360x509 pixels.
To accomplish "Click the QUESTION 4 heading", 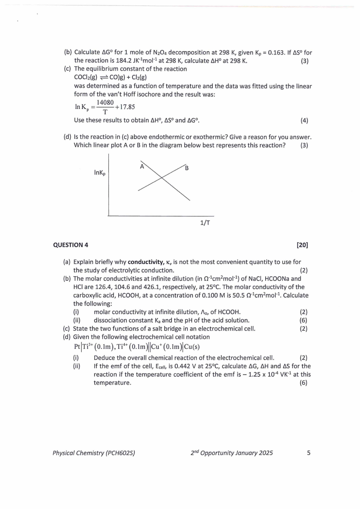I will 71,245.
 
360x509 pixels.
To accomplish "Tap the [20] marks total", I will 302,245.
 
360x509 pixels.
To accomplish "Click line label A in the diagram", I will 142,166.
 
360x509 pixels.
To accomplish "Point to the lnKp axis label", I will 100,173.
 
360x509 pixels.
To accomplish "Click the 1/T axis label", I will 204,223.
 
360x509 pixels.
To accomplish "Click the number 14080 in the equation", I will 105,103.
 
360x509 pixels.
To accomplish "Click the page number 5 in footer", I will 309,453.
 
